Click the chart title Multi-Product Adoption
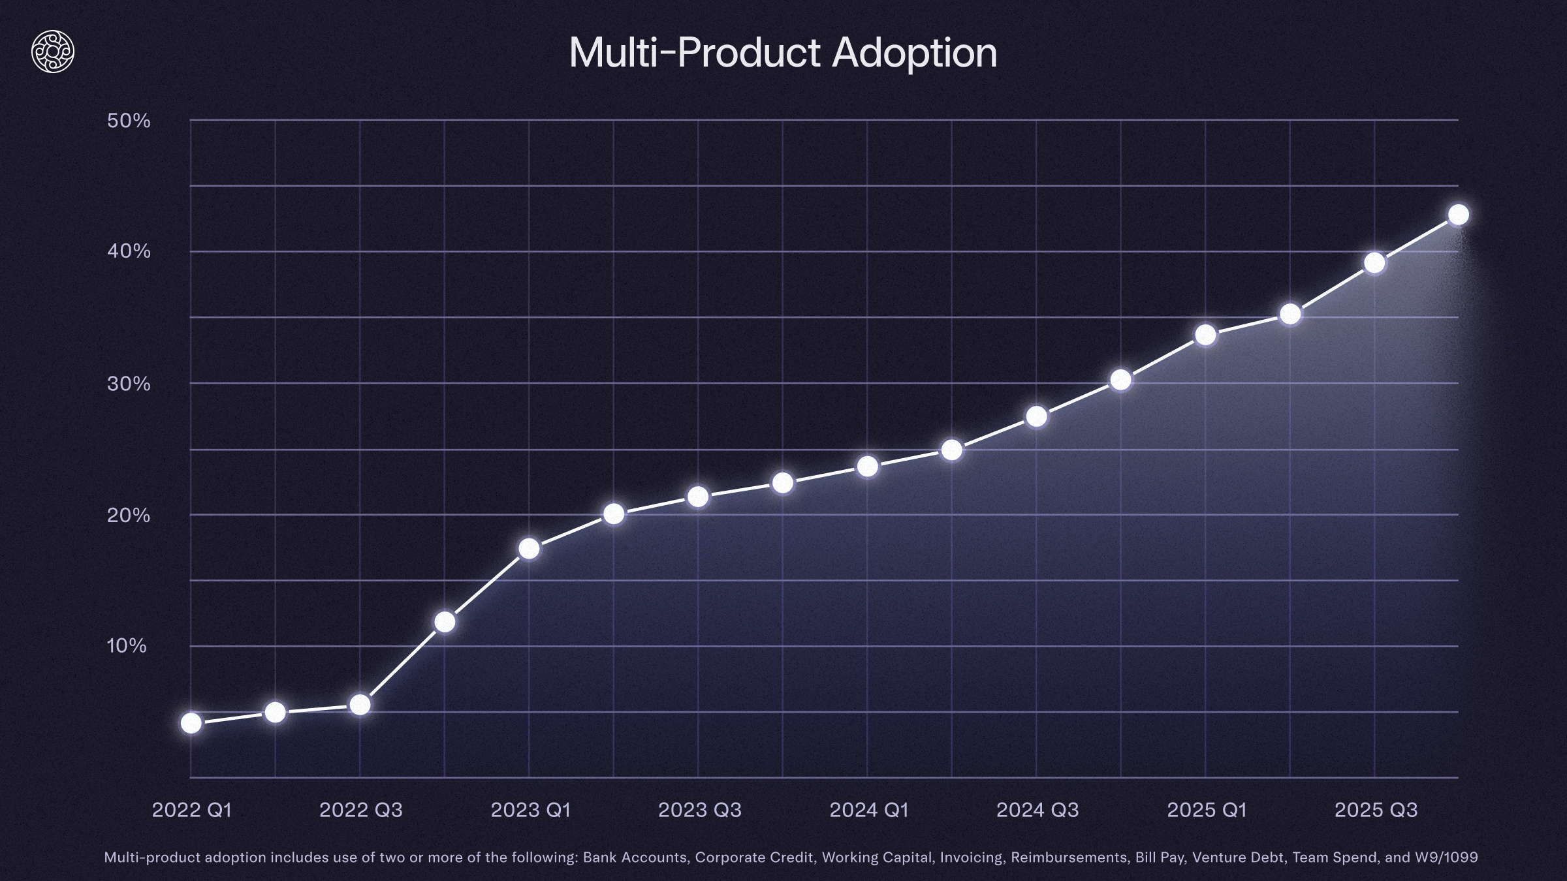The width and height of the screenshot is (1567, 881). point(783,52)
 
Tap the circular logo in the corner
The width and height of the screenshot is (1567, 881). point(53,52)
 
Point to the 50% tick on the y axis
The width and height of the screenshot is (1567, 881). point(129,121)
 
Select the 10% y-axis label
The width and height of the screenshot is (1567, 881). point(127,646)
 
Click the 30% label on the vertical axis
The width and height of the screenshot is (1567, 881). point(129,384)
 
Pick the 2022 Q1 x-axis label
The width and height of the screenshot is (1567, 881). point(192,810)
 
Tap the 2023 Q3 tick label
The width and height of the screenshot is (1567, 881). point(699,810)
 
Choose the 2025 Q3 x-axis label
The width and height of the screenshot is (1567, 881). point(1376,810)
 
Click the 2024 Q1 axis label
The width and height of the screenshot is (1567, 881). point(868,810)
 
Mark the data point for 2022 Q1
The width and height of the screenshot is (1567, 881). point(191,723)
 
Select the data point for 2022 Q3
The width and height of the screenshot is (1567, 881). point(360,705)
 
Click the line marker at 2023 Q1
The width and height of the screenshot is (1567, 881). point(529,549)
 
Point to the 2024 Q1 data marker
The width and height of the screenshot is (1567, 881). point(867,467)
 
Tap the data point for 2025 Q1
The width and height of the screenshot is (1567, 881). point(1205,335)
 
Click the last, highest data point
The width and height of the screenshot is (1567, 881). point(1459,215)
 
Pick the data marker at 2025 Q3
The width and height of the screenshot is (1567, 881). point(1374,263)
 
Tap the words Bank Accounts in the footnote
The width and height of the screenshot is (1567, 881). point(635,858)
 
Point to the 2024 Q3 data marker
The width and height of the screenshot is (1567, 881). point(1036,416)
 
